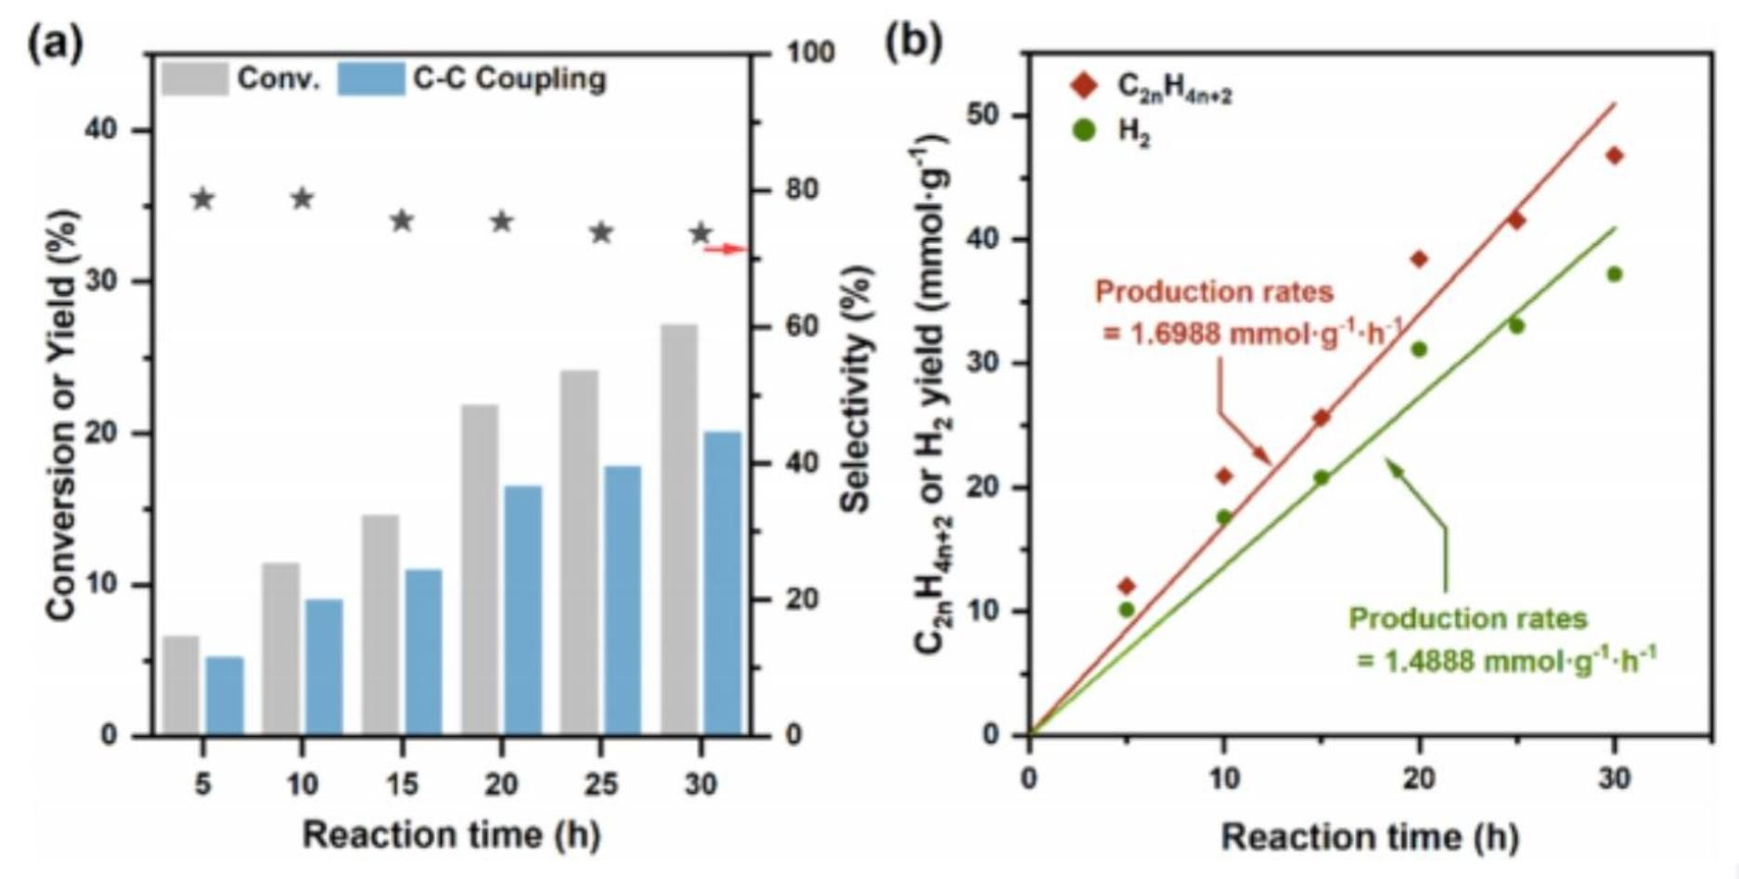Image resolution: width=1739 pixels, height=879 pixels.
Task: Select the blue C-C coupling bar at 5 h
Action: tap(224, 695)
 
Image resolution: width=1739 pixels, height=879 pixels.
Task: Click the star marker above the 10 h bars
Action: tap(303, 198)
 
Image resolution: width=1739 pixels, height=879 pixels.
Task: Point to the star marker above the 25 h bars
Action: tap(602, 232)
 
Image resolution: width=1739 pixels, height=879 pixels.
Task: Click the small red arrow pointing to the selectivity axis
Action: tap(726, 249)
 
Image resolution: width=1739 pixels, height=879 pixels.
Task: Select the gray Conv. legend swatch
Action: tap(195, 79)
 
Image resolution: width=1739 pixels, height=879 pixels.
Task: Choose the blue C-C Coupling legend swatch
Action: tap(371, 79)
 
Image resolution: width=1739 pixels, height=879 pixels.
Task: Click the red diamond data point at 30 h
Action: tap(1615, 155)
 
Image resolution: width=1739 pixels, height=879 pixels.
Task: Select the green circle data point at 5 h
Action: tap(1127, 610)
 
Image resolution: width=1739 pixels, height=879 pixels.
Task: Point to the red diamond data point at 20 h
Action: tap(1419, 259)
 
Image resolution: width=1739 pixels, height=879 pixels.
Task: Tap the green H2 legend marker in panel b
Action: tap(1084, 131)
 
